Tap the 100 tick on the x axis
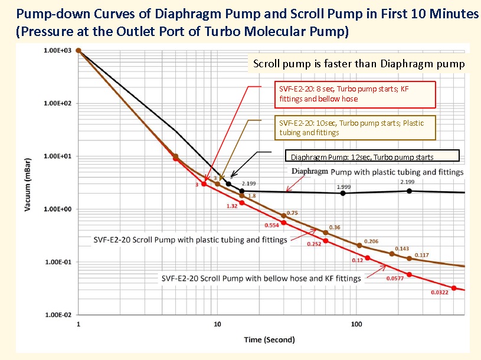click(x=356, y=325)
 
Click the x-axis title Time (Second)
click(x=270, y=339)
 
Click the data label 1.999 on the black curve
click(x=344, y=187)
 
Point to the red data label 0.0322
click(x=439, y=293)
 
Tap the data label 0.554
click(x=271, y=225)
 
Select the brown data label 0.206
click(x=371, y=241)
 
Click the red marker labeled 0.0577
click(x=409, y=275)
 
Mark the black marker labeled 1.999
click(x=343, y=193)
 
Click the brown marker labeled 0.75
click(x=283, y=216)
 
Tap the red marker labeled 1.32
click(x=241, y=203)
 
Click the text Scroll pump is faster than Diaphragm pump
click(x=359, y=64)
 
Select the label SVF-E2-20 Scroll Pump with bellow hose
click(x=261, y=278)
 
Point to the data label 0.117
click(x=422, y=255)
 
